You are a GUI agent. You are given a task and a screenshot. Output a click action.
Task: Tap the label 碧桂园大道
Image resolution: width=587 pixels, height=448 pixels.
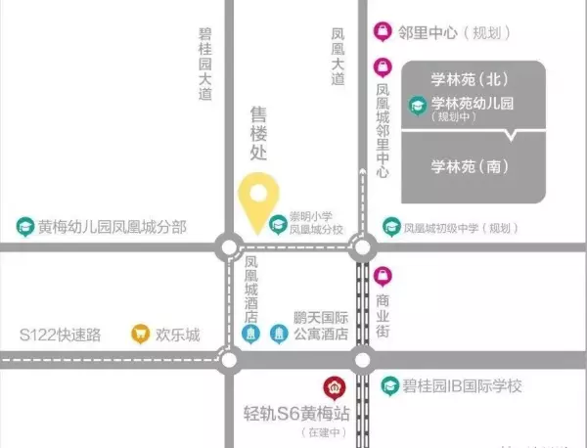204,61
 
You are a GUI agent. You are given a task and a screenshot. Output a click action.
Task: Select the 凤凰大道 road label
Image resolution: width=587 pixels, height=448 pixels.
338,57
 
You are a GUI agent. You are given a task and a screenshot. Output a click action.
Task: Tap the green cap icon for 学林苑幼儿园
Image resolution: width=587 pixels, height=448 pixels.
418,104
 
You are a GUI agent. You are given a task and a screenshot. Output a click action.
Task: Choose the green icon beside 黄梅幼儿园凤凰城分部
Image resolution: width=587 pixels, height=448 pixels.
23,227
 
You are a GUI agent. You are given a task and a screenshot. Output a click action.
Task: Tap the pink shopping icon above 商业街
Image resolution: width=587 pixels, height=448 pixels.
383,274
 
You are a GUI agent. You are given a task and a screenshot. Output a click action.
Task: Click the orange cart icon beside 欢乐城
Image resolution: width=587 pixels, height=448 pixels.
140,335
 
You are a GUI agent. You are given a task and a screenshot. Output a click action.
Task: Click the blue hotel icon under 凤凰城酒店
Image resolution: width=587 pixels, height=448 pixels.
250,335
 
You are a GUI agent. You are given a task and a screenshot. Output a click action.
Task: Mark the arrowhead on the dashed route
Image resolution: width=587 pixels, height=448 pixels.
363,173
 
